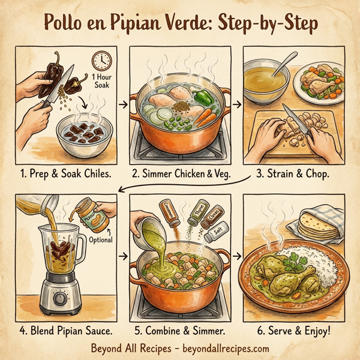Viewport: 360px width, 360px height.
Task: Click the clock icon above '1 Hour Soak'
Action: pyautogui.click(x=101, y=61)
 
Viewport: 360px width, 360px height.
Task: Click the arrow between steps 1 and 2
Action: pyautogui.click(x=124, y=106)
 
